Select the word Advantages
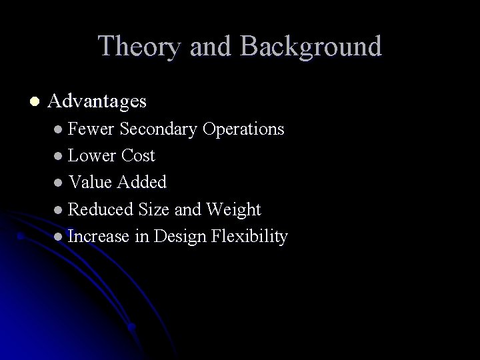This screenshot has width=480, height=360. (x=97, y=101)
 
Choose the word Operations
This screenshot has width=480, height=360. (x=243, y=129)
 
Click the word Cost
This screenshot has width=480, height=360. (x=138, y=156)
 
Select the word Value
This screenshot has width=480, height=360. (x=91, y=183)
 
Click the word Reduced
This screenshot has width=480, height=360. (x=101, y=209)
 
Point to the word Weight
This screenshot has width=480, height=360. (x=233, y=209)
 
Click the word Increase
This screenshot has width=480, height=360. (x=99, y=237)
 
